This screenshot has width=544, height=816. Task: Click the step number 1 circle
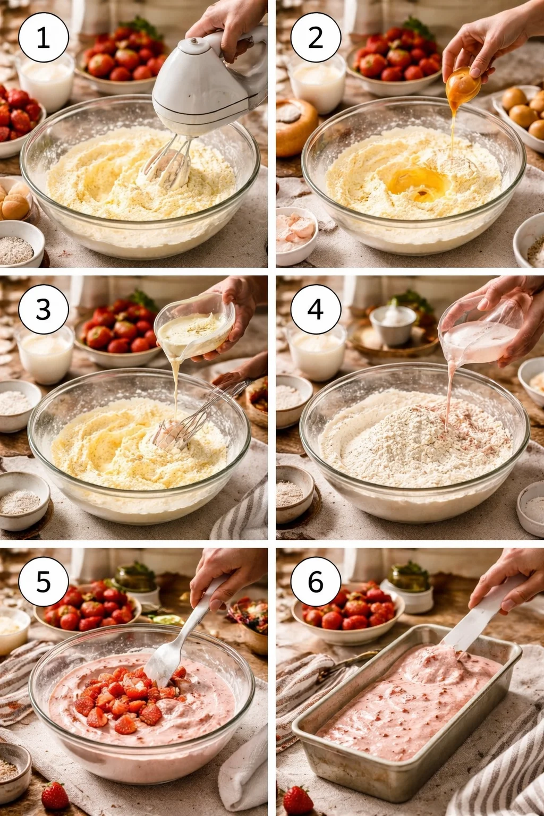point(44,38)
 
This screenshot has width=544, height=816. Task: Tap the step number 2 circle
point(316,38)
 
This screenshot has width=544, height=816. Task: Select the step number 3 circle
point(44,310)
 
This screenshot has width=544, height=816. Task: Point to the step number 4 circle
point(316,310)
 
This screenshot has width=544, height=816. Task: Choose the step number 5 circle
point(44,582)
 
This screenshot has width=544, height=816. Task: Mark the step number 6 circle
point(316,582)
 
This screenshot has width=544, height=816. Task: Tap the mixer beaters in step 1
point(166,164)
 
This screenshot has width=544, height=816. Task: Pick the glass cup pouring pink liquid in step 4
point(480,331)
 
